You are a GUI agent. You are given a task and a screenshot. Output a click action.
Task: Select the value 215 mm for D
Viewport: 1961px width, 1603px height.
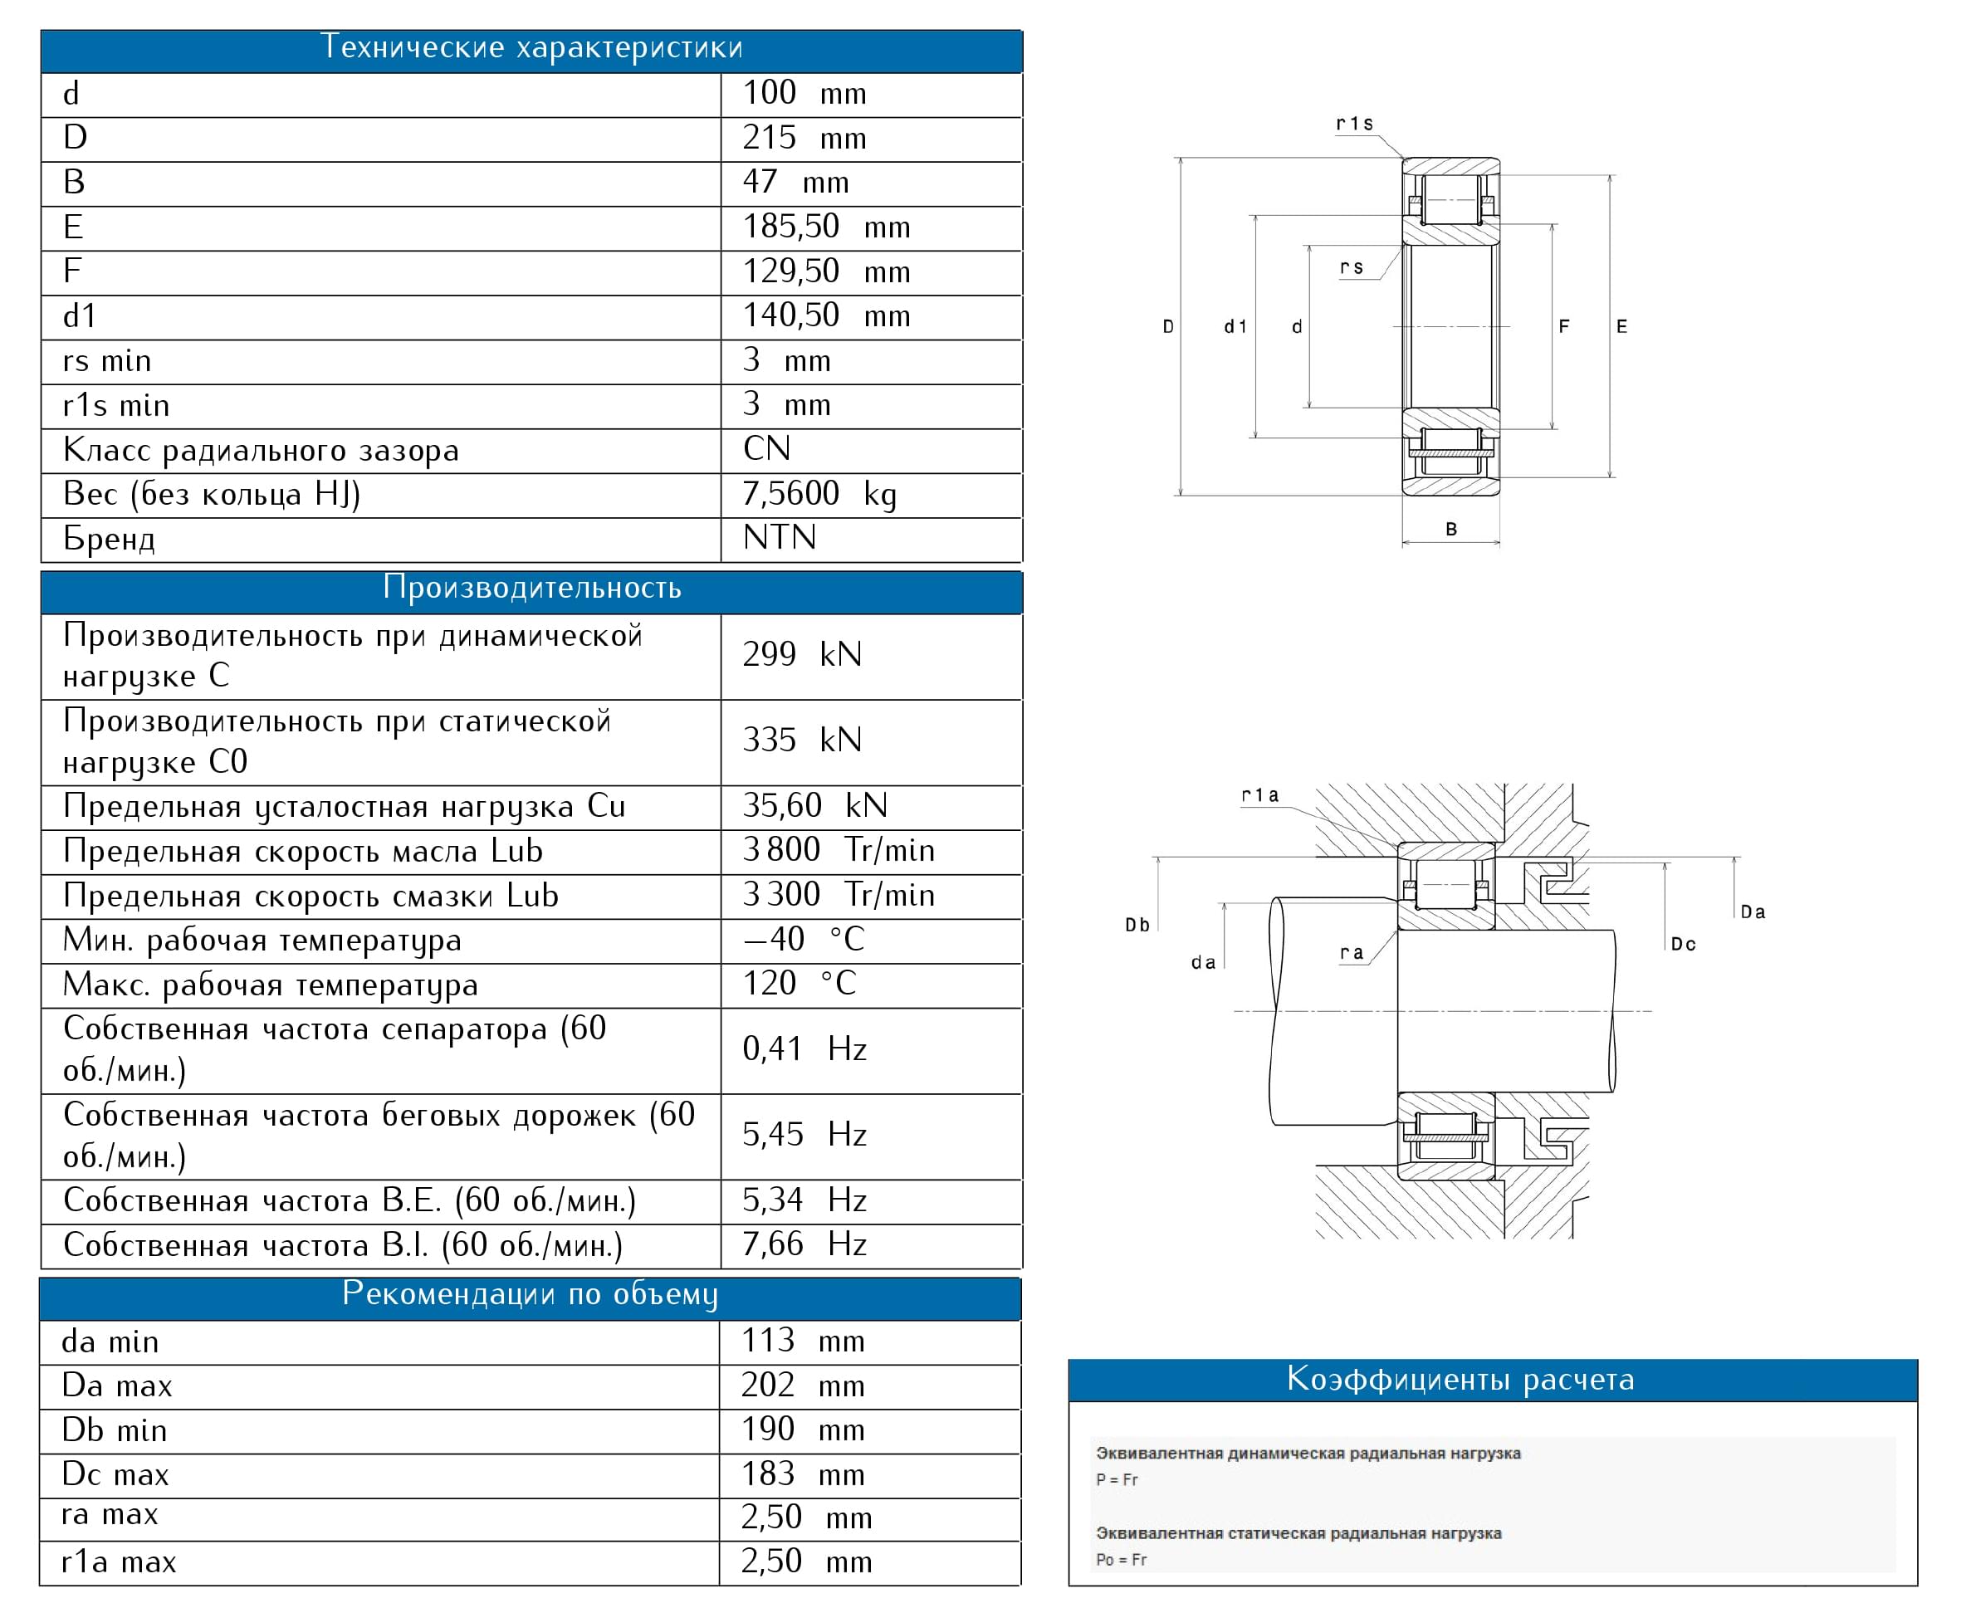803,139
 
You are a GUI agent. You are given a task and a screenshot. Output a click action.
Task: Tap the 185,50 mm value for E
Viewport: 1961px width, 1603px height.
825,227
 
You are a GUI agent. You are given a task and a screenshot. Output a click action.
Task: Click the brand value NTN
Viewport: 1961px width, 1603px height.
780,537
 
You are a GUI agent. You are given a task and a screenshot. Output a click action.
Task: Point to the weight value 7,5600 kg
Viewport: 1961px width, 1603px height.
819,494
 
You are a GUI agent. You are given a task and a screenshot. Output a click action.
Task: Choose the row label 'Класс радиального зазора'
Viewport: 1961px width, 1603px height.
261,451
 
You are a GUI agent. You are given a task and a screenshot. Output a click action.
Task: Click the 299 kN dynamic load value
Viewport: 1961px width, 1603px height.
801,655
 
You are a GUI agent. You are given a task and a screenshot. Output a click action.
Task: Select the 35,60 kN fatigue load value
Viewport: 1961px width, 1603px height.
814,806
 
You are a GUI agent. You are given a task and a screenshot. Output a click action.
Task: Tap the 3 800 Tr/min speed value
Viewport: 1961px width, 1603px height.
838,850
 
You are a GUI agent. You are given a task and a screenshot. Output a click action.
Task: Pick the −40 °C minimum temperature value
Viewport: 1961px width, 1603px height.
803,940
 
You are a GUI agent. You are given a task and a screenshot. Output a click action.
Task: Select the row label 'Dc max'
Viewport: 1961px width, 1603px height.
115,1474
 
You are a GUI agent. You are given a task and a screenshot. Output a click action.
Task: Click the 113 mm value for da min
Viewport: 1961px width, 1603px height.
802,1341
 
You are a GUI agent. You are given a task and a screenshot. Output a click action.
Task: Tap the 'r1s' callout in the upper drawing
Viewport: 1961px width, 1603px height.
1354,124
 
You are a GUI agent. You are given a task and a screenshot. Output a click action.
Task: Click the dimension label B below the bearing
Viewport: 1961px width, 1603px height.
1451,529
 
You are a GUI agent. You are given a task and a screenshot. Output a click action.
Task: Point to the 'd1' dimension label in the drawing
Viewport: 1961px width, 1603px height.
1235,327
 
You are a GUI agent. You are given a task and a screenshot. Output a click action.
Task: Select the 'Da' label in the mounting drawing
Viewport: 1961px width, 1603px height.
1753,912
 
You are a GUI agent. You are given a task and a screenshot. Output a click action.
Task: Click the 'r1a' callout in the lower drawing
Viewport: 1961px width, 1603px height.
1260,795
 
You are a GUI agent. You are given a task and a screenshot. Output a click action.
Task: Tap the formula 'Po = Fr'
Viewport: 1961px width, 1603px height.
1121,1560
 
